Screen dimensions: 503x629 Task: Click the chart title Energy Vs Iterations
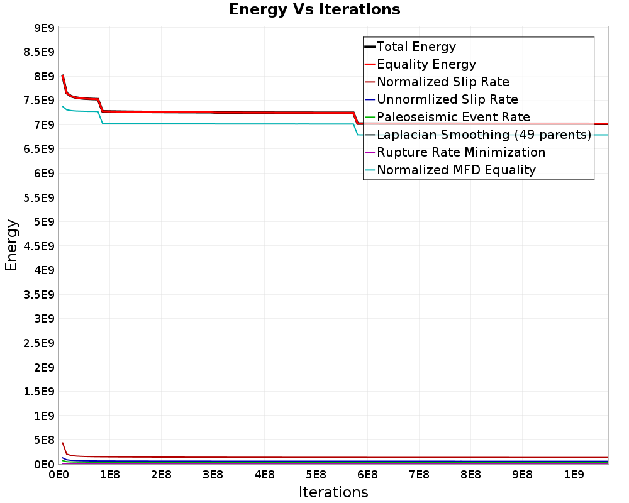point(314,9)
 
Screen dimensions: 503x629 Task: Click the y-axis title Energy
point(11,245)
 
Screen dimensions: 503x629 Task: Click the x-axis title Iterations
point(333,492)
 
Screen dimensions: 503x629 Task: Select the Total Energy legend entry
point(416,47)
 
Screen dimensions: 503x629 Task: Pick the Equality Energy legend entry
point(426,64)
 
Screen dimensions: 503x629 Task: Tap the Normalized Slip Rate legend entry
point(443,82)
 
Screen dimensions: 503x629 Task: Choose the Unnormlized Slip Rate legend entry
point(447,99)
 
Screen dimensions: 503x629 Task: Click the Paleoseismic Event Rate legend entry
point(453,117)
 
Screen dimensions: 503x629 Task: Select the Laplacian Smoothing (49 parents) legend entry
point(483,135)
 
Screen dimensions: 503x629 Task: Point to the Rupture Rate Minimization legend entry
point(460,152)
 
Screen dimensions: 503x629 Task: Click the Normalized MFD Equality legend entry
point(456,170)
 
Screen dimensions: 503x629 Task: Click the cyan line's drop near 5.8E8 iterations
point(356,130)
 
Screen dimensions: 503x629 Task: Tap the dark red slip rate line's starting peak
point(63,443)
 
